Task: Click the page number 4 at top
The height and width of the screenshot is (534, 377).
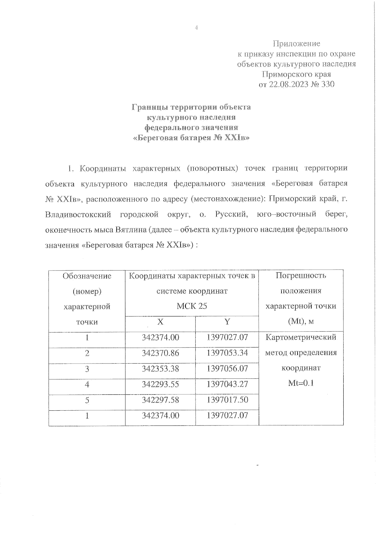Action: [196, 28]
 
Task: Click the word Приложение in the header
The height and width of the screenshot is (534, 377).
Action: [296, 43]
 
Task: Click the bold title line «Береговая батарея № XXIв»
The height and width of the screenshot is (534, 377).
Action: [191, 138]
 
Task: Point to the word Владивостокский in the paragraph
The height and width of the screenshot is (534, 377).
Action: [78, 214]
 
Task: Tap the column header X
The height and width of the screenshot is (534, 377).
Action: [160, 322]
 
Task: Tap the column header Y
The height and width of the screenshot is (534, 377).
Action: [227, 322]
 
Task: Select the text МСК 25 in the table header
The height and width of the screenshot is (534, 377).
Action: [192, 306]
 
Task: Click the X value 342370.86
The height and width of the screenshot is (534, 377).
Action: [160, 353]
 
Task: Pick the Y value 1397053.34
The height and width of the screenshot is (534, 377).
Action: [227, 353]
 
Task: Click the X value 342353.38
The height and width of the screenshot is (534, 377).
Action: [160, 369]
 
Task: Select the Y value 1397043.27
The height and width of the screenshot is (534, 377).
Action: [227, 384]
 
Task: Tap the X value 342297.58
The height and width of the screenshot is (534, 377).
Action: [160, 400]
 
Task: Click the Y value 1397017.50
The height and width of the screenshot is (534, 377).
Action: [227, 400]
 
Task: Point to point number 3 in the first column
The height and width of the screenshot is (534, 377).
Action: [87, 369]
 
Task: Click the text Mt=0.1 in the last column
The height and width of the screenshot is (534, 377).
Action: [301, 383]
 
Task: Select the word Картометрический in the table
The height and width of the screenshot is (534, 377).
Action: [301, 337]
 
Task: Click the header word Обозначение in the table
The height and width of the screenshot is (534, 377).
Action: [87, 276]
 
